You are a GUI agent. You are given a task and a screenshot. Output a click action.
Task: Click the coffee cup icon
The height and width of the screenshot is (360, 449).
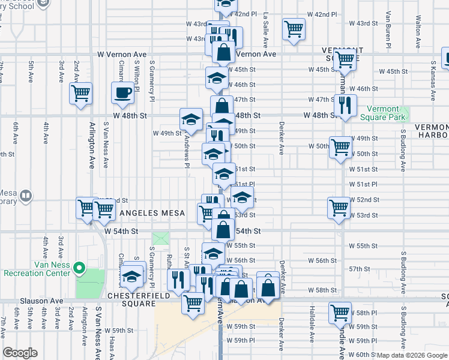tap(123, 93)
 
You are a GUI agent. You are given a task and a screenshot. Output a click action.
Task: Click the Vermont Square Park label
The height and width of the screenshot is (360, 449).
tap(383, 114)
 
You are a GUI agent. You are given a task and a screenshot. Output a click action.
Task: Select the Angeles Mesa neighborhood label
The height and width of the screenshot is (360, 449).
tap(147, 213)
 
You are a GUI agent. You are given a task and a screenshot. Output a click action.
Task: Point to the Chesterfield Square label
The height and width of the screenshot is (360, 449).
tap(132, 296)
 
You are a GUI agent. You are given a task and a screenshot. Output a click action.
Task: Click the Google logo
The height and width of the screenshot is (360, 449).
tap(20, 353)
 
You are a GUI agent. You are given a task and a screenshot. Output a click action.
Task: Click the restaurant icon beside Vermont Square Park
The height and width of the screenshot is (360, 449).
tap(345, 105)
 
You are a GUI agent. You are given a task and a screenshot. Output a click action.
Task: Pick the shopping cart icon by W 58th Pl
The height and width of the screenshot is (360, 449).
tap(340, 313)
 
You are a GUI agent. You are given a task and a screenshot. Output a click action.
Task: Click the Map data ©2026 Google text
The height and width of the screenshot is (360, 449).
tap(412, 355)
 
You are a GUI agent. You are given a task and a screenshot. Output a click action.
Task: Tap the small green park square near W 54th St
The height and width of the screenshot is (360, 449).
tap(161, 238)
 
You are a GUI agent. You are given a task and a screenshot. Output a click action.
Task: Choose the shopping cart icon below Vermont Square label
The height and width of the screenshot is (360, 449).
tap(345, 60)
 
